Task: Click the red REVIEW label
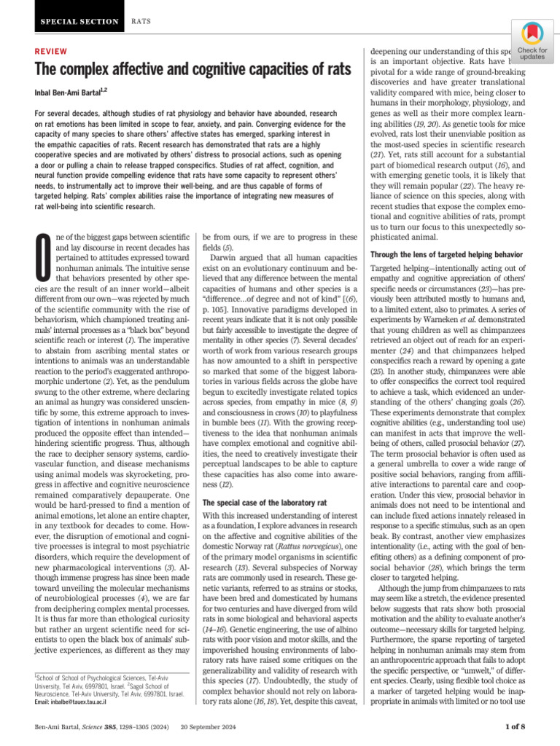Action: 51,52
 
